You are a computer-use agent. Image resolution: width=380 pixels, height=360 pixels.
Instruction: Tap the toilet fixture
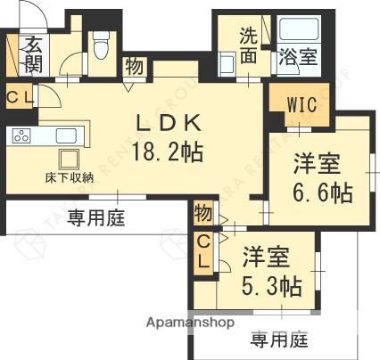pyautogui.click(x=102, y=43)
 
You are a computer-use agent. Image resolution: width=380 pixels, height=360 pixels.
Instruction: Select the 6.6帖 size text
pyautogui.click(x=322, y=192)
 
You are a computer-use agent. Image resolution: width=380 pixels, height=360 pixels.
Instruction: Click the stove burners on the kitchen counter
pyautogui.click(x=21, y=136)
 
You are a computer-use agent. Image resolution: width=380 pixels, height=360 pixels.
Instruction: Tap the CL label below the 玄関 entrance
pyautogui.click(x=17, y=98)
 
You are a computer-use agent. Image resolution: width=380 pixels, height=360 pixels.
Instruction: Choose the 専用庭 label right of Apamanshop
pyautogui.click(x=278, y=339)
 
